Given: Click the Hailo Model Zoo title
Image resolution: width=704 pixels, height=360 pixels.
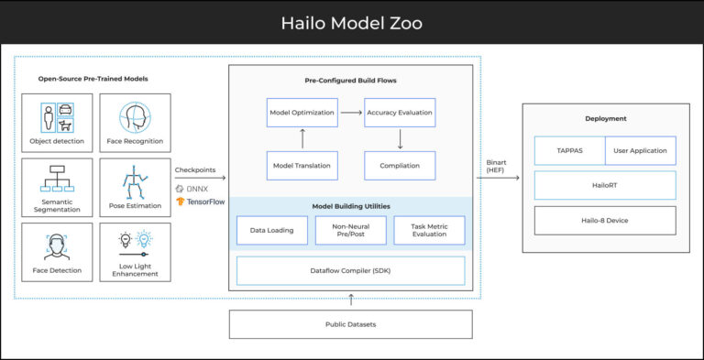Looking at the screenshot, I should click(x=352, y=22).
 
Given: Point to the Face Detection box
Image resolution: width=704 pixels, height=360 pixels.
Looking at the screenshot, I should click(x=57, y=251).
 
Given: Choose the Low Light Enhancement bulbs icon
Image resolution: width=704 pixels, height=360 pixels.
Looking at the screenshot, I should click(x=135, y=241).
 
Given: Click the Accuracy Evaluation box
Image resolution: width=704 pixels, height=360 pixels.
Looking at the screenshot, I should click(x=400, y=113).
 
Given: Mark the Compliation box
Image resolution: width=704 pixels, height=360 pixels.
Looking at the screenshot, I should click(x=400, y=166).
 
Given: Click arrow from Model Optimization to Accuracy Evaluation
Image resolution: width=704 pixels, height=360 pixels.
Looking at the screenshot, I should click(x=350, y=113).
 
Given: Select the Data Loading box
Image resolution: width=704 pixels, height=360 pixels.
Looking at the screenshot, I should click(x=271, y=230).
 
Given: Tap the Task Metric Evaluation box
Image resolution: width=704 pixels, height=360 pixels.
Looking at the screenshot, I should click(x=429, y=230).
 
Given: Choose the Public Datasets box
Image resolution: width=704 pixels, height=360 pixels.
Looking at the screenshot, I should click(x=350, y=324).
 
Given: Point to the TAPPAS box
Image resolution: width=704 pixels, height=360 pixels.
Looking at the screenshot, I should click(x=569, y=150).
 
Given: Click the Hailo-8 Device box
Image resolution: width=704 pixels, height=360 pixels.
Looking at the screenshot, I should click(x=605, y=220).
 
